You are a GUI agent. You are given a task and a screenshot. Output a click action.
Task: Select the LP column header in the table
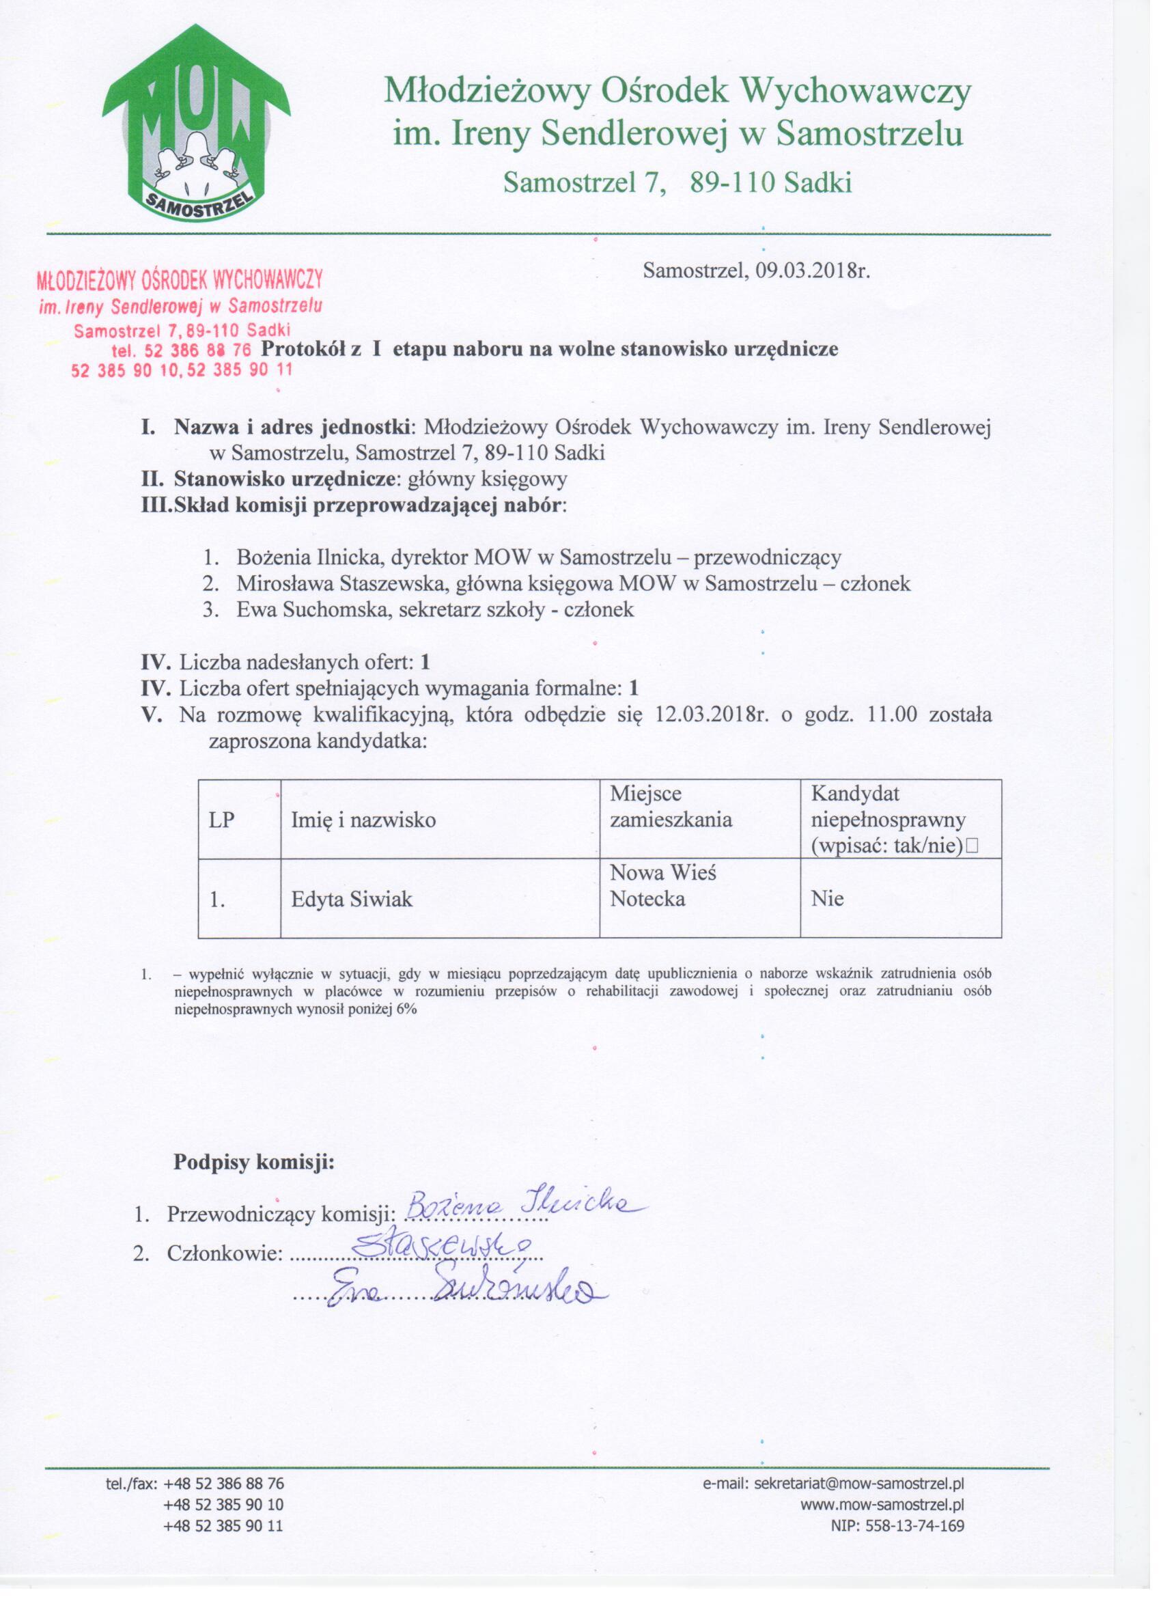[x=222, y=820]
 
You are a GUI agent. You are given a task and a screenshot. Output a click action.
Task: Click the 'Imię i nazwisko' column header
[x=363, y=820]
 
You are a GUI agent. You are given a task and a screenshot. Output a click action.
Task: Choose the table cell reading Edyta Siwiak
[x=352, y=899]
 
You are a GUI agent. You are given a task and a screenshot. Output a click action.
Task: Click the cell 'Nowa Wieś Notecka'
[x=662, y=886]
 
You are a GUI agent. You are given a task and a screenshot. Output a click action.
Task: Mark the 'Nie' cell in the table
[x=827, y=899]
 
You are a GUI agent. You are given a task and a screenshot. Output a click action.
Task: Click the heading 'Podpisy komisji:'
[x=254, y=1162]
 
